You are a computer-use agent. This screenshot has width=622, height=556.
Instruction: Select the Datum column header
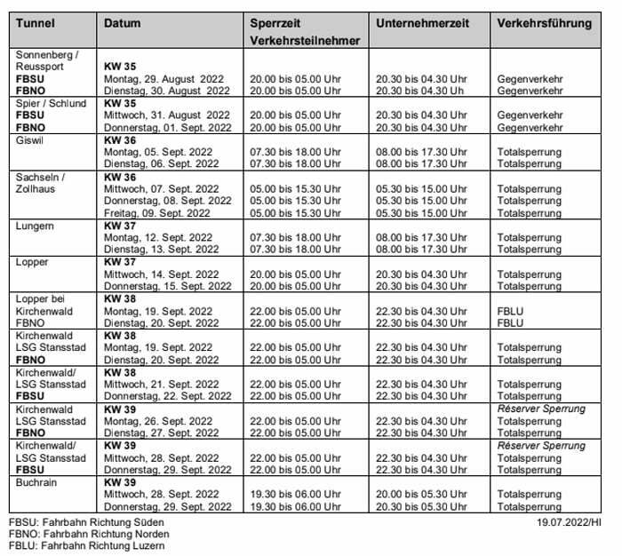pos(122,23)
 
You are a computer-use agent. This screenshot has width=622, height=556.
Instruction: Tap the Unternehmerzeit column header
pos(422,23)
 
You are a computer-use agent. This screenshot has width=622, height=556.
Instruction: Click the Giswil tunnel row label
pos(30,140)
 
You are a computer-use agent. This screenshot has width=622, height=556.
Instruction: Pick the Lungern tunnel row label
pos(35,226)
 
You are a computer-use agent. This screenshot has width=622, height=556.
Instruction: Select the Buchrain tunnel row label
pos(36,481)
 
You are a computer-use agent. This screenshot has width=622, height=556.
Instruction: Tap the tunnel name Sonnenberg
pos(47,54)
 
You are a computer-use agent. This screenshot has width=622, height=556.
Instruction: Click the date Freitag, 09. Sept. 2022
pos(157,213)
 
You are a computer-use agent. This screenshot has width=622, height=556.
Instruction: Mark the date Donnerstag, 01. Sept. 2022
pos(167,128)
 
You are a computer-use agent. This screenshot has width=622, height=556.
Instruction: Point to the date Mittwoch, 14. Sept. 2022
pos(161,274)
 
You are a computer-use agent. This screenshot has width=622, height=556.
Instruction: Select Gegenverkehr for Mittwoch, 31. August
pos(530,115)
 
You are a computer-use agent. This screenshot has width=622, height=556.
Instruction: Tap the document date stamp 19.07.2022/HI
pos(569,522)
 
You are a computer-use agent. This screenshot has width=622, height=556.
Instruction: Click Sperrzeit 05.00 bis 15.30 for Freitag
pos(296,213)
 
